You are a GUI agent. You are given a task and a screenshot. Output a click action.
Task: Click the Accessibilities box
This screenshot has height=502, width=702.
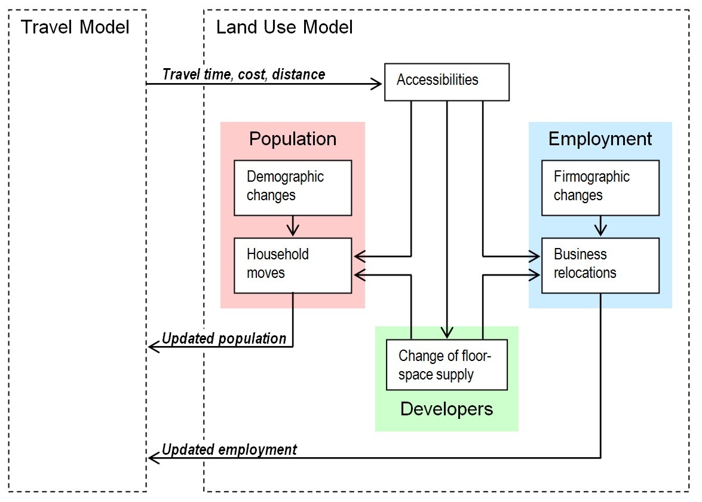point(446,81)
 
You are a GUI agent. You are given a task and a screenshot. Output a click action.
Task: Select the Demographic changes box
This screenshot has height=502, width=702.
point(292,188)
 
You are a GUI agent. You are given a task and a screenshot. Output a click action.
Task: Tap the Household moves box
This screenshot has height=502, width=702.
point(292,265)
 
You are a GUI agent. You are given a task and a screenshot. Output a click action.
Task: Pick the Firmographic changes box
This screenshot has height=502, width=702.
point(600,188)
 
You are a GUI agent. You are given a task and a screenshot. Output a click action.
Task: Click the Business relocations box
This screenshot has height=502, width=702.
point(600,265)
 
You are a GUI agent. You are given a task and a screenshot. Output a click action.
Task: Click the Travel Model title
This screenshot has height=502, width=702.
point(75,27)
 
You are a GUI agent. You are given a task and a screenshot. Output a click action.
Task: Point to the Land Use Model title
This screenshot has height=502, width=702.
point(284,27)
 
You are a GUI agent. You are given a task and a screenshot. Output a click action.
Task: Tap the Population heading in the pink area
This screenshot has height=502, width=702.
point(293,139)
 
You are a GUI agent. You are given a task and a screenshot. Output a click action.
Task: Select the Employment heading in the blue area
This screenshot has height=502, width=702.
point(600,139)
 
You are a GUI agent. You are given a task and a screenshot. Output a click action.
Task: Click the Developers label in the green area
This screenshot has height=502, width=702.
point(446,409)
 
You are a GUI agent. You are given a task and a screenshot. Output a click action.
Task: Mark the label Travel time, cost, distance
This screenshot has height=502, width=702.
point(244,74)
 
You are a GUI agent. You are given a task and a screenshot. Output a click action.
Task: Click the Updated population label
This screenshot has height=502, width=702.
point(224,338)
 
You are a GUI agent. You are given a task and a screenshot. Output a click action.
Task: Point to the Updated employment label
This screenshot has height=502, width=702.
point(229,449)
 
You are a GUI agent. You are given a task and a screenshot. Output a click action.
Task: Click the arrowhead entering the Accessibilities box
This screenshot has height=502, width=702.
point(377,84)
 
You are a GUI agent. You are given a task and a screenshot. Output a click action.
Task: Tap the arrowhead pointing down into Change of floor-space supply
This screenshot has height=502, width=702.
point(447,333)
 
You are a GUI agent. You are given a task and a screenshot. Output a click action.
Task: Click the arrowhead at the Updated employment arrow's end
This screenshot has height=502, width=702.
point(153,458)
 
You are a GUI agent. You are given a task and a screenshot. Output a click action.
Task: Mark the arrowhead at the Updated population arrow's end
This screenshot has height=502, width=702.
point(153,347)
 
